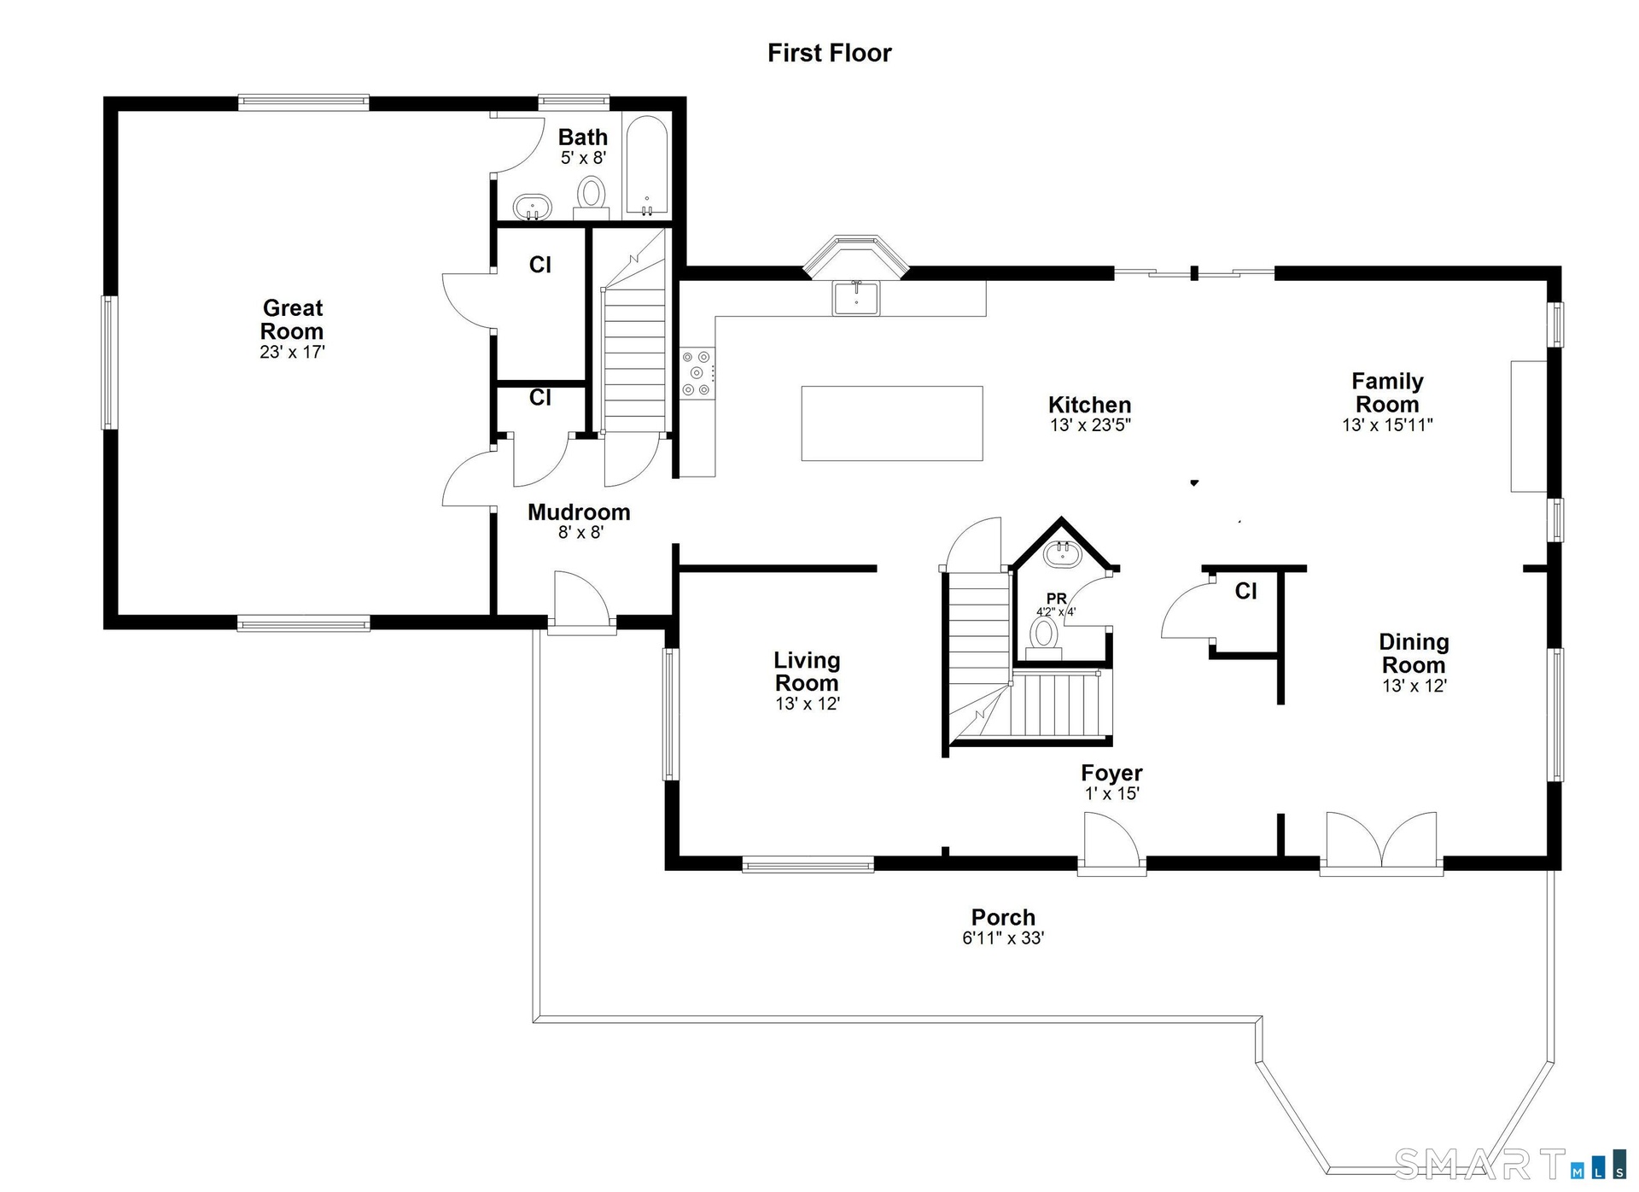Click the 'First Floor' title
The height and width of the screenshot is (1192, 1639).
(x=829, y=53)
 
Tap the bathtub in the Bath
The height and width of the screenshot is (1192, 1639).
(x=646, y=166)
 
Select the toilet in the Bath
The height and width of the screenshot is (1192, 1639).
(x=592, y=193)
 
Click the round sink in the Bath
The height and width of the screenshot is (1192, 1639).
(x=533, y=207)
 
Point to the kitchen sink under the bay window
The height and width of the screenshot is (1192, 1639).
(x=856, y=297)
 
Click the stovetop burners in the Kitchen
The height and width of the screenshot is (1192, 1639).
(x=697, y=373)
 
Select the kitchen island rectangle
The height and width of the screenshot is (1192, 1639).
(x=892, y=424)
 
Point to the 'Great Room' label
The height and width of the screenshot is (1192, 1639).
(x=292, y=319)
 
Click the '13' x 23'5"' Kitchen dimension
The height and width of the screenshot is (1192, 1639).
(x=1090, y=425)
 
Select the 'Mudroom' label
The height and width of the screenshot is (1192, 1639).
(x=579, y=512)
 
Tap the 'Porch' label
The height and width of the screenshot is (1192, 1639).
(x=1003, y=917)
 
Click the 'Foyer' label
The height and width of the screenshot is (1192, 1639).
(x=1111, y=773)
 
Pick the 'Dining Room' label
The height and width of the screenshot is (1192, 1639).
(x=1414, y=653)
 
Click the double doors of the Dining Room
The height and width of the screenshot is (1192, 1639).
(x=1381, y=844)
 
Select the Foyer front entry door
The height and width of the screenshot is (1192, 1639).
(x=1111, y=844)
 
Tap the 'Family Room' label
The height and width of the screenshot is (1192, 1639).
(x=1387, y=393)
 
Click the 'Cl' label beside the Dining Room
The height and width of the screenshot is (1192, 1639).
(x=1245, y=591)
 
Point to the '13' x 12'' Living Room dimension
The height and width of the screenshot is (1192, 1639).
(x=808, y=704)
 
